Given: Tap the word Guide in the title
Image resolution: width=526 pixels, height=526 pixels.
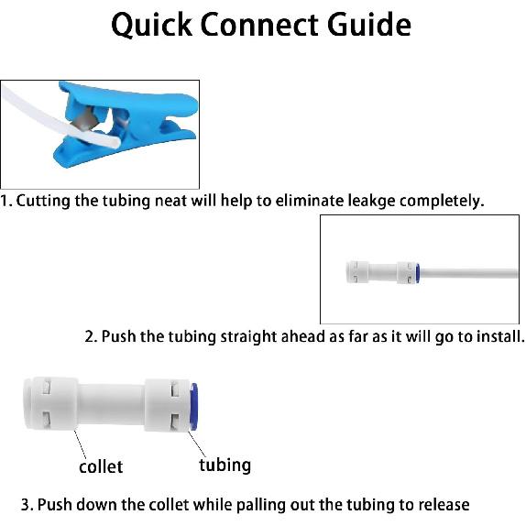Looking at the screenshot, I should (365, 25).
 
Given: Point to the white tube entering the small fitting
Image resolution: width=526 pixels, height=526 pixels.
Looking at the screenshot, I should (467, 272).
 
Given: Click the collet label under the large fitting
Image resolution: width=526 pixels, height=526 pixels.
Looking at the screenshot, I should (101, 466).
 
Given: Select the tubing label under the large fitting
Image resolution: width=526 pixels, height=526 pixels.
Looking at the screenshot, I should (225, 465).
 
